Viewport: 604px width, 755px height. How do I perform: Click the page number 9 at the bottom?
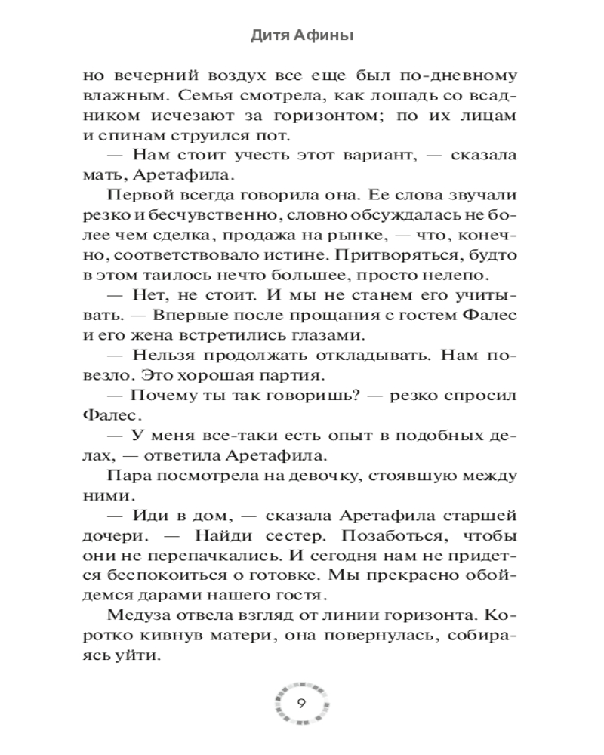(x=301, y=704)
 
